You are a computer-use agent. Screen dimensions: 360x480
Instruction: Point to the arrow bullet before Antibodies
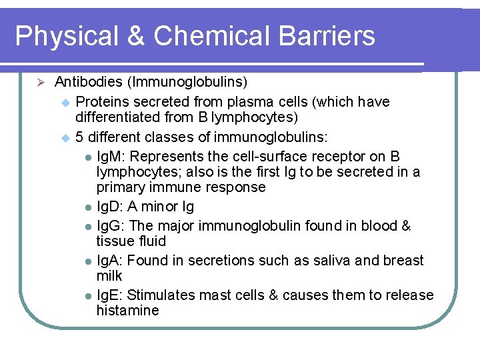40,83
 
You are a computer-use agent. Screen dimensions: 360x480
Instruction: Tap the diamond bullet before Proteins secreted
65,103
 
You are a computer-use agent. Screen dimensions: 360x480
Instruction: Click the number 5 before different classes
79,137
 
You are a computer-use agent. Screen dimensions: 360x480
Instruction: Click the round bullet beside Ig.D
89,208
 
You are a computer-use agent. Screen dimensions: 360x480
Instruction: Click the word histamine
127,311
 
